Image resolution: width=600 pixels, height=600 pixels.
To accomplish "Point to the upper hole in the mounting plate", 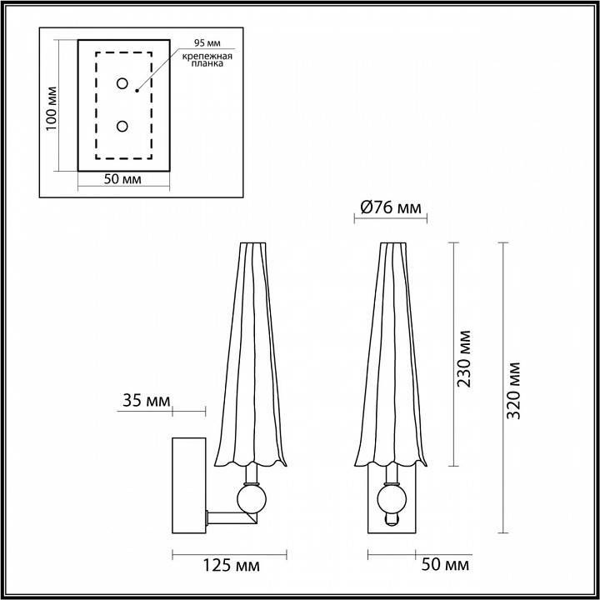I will pos(122,83).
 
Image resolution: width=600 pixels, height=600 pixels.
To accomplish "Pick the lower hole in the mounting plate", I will pos(122,126).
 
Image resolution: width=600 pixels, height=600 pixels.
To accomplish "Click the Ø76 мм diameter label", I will pos(388,208).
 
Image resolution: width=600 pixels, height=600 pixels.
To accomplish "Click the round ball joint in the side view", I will pos(251,499).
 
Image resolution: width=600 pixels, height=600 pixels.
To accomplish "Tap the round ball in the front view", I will pos(390,499).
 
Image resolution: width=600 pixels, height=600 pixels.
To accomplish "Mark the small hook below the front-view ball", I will pos(391,521).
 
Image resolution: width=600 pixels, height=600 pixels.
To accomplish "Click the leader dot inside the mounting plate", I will pos(136,87).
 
